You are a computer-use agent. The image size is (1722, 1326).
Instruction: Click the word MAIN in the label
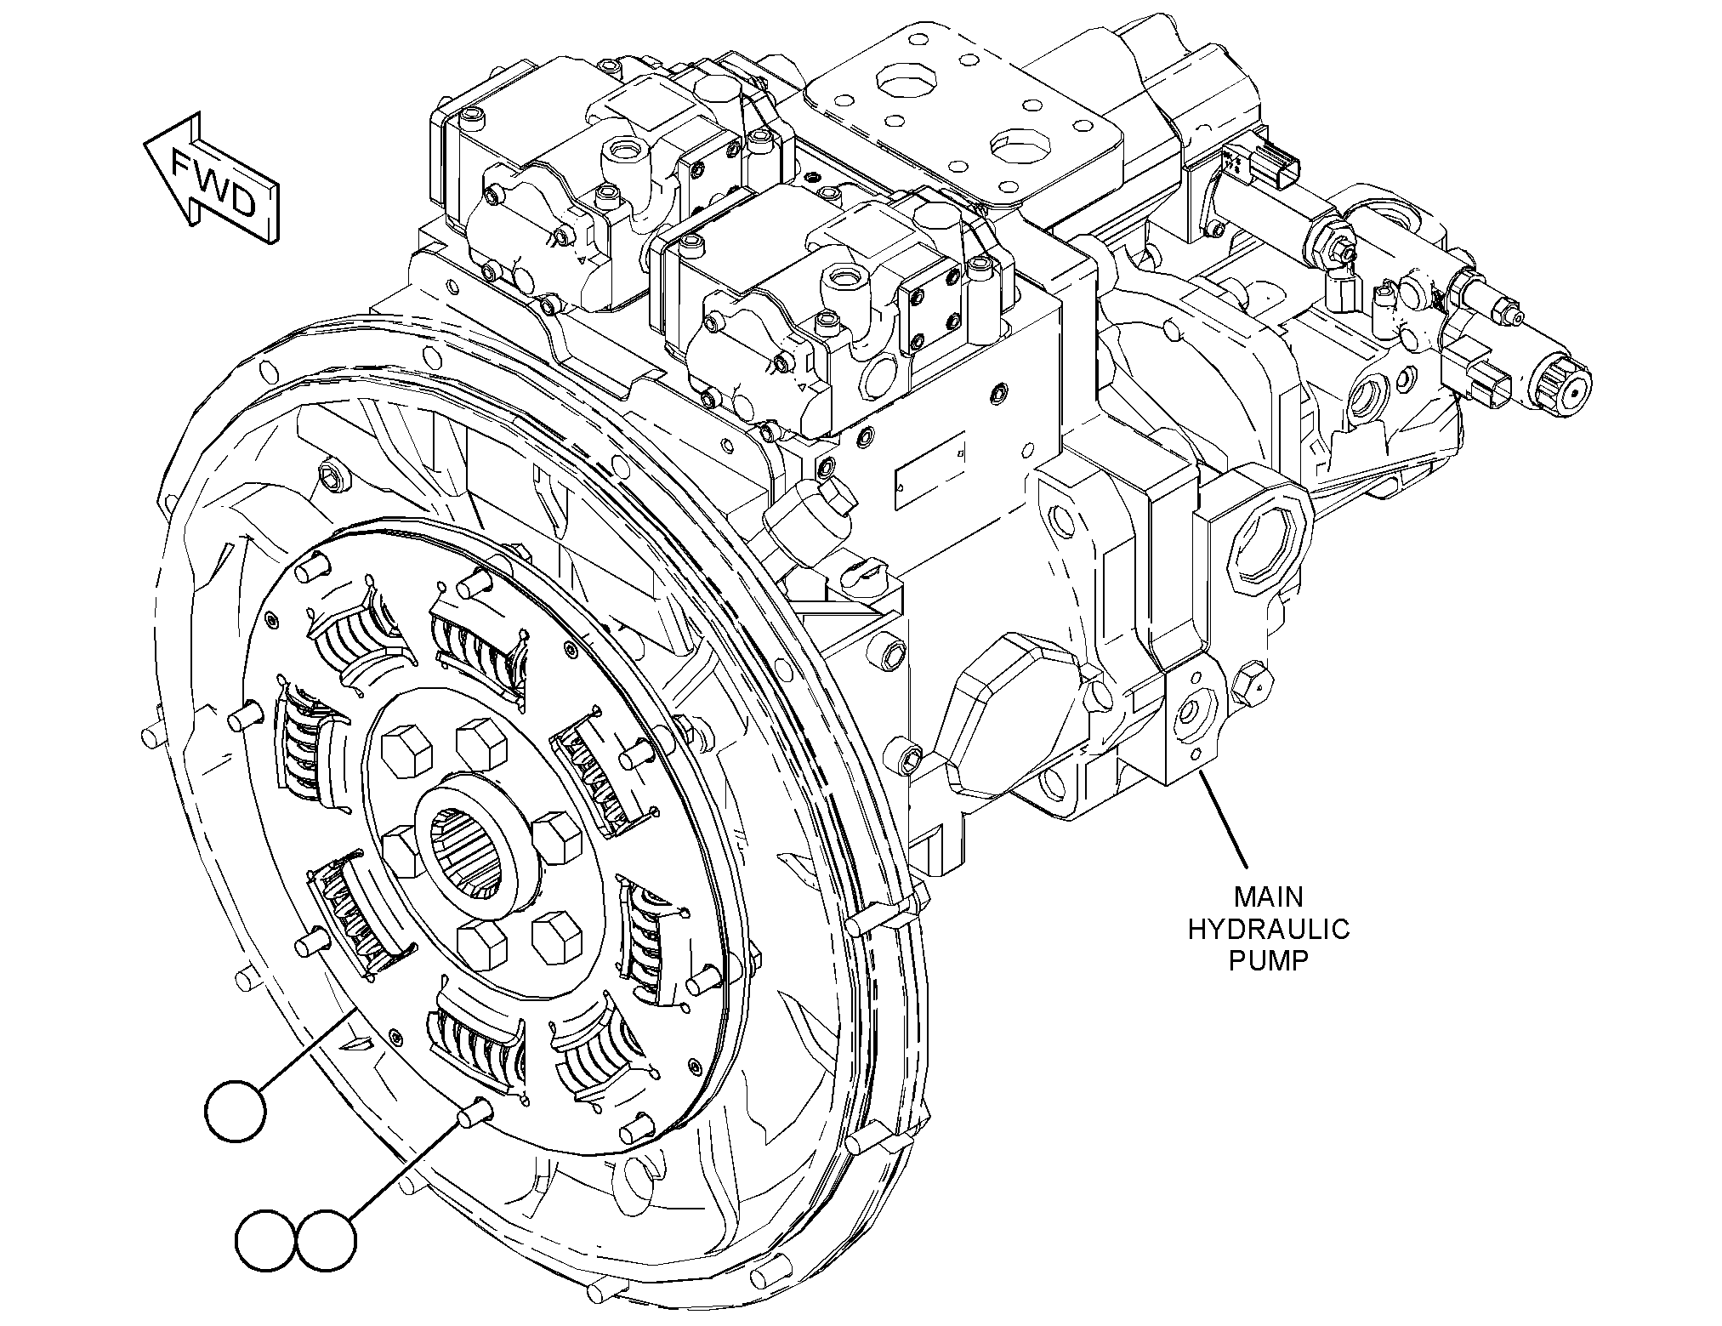coord(1268,897)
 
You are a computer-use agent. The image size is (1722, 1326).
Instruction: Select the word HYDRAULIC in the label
coord(1268,929)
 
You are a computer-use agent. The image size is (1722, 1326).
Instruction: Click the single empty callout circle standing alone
coord(236,1111)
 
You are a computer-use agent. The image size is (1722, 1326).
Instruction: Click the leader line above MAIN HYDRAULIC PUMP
coord(1222,821)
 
